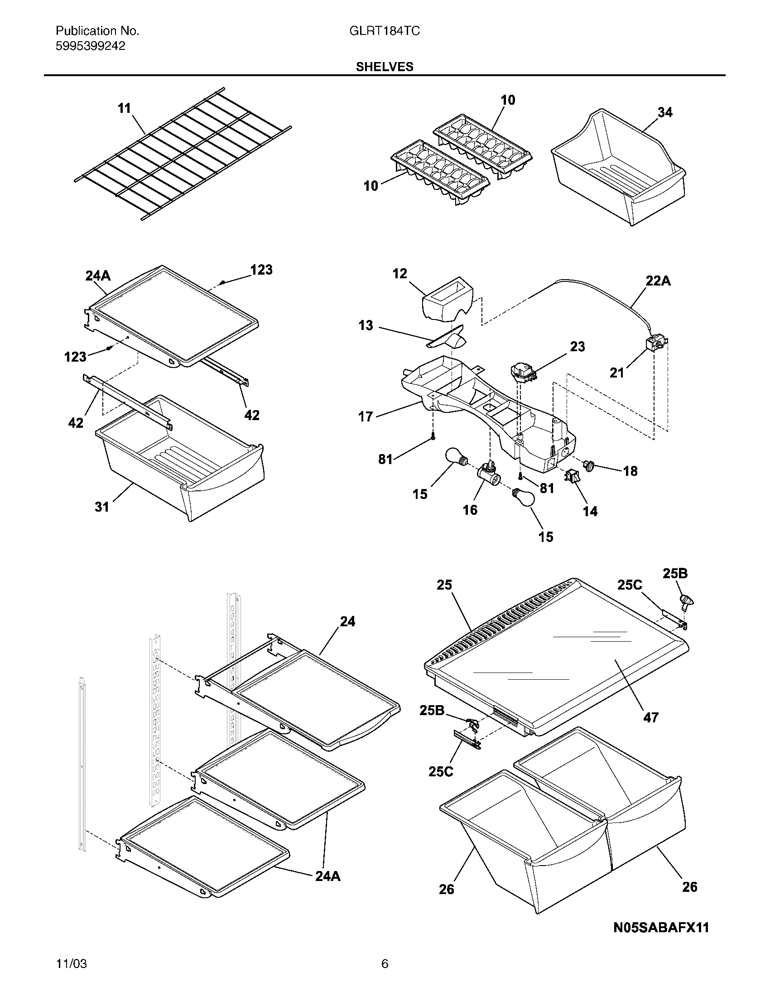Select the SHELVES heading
click(385, 67)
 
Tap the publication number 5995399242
click(90, 46)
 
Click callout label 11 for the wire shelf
click(124, 108)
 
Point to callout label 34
click(664, 112)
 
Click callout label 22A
click(658, 281)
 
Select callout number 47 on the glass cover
click(650, 718)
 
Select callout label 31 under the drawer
click(102, 507)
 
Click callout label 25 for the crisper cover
click(444, 585)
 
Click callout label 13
click(366, 325)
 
